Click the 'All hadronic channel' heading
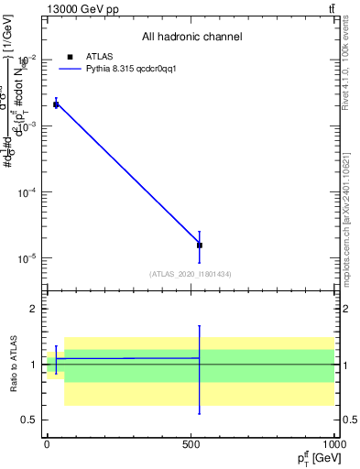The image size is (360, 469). tap(191, 37)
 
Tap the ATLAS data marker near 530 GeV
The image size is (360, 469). tap(199, 245)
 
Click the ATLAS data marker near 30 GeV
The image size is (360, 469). tap(56, 104)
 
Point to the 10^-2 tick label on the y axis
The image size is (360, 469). tap(27, 60)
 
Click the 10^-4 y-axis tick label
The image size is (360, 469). tap(27, 192)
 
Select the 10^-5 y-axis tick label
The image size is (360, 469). tap(27, 258)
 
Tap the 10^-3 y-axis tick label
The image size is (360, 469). tap(27, 126)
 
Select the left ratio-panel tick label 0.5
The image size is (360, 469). tap(29, 420)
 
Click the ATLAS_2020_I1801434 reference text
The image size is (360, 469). tap(191, 274)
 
